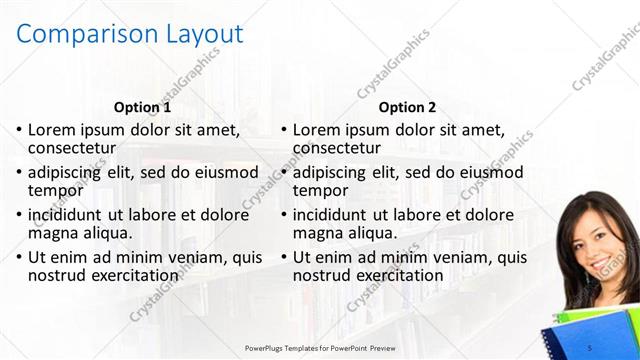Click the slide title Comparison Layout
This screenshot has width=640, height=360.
[131, 33]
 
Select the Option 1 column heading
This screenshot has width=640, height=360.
[143, 107]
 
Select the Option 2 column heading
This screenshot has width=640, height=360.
[407, 107]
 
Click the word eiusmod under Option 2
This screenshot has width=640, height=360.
[489, 172]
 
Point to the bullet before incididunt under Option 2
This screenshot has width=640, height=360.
[285, 215]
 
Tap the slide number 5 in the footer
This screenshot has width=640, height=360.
[589, 346]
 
